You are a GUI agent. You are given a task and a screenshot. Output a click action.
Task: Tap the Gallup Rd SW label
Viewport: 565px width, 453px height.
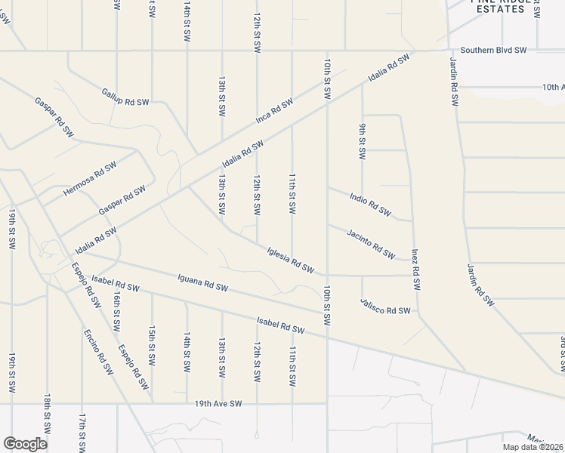coord(125,96)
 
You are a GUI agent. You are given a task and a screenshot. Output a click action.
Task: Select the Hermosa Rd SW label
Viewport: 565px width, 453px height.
coord(90,178)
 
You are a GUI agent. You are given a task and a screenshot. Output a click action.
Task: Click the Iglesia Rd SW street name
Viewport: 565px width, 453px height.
coord(290,259)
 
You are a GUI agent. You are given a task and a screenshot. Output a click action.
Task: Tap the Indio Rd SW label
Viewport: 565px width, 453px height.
coord(370,203)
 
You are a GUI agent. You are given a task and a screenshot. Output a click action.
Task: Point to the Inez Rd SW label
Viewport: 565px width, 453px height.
coord(415,270)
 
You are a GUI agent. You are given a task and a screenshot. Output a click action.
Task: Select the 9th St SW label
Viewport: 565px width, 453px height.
coord(362,140)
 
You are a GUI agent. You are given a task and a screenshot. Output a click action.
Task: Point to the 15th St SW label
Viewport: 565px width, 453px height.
coord(152,346)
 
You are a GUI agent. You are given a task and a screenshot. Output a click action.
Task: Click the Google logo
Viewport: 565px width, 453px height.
coord(25,443)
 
